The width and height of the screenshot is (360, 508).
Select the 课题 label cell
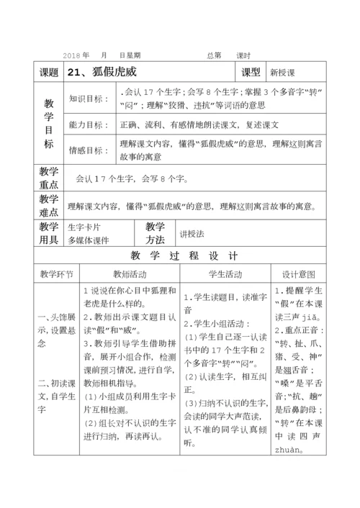click(x=48, y=73)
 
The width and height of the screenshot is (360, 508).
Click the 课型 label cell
click(x=251, y=73)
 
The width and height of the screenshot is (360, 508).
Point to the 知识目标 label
click(x=86, y=99)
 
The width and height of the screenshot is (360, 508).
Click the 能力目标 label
click(x=86, y=124)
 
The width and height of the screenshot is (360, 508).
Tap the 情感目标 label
click(x=86, y=150)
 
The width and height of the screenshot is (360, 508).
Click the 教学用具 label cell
click(x=48, y=233)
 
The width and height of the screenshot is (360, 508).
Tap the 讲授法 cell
click(x=193, y=234)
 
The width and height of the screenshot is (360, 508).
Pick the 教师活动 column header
click(x=129, y=275)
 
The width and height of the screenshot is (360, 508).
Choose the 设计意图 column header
click(x=300, y=275)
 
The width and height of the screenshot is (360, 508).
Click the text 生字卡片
click(x=83, y=227)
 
